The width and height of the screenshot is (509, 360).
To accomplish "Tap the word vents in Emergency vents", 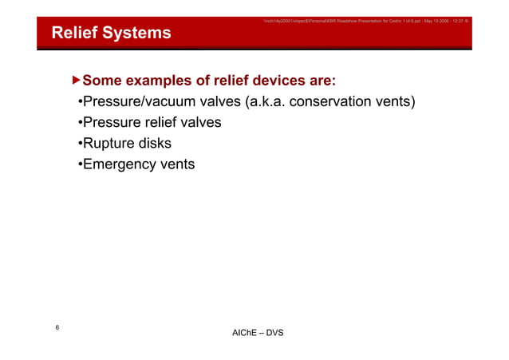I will tap(177, 164).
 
